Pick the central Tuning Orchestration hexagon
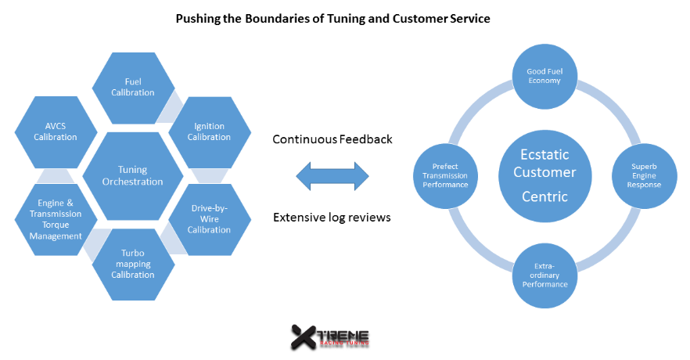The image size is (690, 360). (x=133, y=175)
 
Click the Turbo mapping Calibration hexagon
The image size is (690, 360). (x=132, y=264)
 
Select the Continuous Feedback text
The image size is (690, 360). (x=332, y=139)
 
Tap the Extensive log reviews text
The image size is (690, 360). (x=332, y=216)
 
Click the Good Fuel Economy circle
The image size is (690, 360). (x=544, y=74)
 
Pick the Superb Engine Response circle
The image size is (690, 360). (x=646, y=174)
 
